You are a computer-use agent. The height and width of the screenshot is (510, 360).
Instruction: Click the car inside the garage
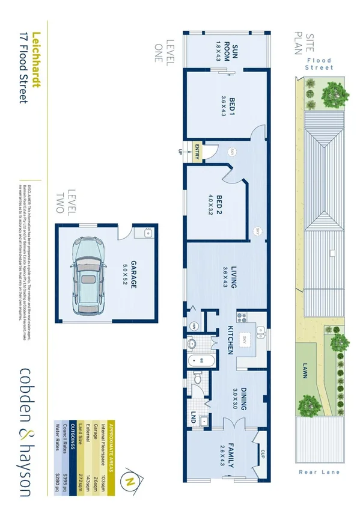88,273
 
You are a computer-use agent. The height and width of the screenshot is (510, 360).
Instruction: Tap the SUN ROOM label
225,52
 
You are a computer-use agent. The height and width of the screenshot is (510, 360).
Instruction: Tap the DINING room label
240,396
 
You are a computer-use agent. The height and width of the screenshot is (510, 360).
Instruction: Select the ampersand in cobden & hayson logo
28,429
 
